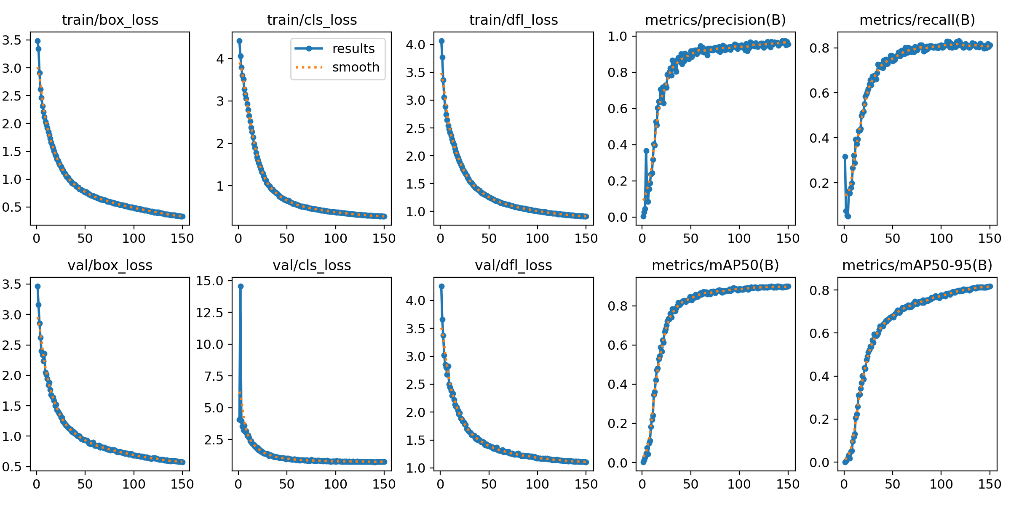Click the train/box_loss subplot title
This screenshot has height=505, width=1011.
click(x=110, y=20)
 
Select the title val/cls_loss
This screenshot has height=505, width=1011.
click(x=312, y=265)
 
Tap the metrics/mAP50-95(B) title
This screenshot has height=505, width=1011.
click(x=917, y=265)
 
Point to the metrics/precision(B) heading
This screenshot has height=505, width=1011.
click(x=715, y=20)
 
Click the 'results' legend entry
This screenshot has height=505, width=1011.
click(x=353, y=49)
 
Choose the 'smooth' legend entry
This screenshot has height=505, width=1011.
click(x=356, y=67)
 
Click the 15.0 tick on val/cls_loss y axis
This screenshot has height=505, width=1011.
click(x=209, y=281)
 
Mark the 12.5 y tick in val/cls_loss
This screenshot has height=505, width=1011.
click(x=209, y=313)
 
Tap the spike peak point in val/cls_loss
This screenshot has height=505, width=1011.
click(x=241, y=286)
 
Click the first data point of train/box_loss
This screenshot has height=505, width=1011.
click(x=37, y=41)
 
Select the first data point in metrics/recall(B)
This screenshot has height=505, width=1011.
click(x=845, y=157)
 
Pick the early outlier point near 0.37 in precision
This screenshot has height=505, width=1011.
click(x=646, y=151)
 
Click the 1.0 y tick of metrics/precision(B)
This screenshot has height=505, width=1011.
click(x=617, y=36)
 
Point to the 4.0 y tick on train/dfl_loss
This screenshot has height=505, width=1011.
click(x=415, y=45)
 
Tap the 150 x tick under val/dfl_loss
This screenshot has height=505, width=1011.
click(x=586, y=484)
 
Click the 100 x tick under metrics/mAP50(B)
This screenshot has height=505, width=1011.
click(x=739, y=484)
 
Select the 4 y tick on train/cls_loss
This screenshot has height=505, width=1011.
click(x=220, y=58)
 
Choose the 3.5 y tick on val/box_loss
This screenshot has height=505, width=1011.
click(x=11, y=284)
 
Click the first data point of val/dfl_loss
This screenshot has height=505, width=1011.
click(x=441, y=286)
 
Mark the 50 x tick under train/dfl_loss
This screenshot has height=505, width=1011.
click(x=489, y=239)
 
